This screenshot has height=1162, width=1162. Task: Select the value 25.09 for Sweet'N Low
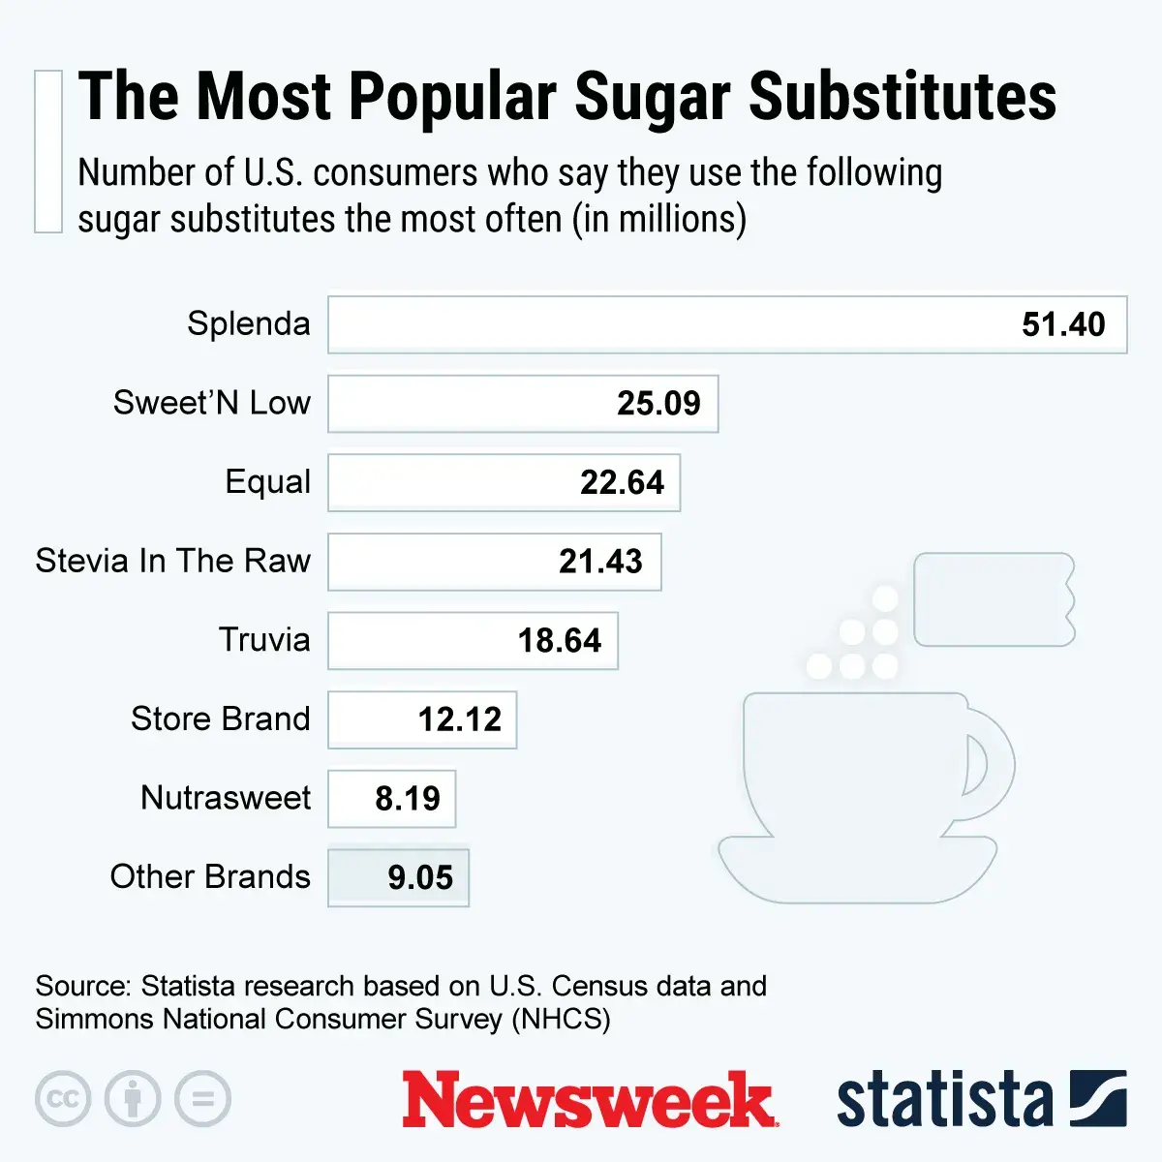pyautogui.click(x=658, y=403)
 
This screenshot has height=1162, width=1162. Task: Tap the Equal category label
pyautogui.click(x=268, y=481)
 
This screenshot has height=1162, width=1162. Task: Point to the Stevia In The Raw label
pyautogui.click(x=172, y=561)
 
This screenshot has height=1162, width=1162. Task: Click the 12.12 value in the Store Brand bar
pyautogui.click(x=460, y=719)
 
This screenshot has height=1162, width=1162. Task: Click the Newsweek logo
pyautogui.click(x=588, y=1100)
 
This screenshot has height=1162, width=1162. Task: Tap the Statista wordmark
pyautogui.click(x=943, y=1100)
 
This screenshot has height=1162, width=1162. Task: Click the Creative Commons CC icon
pyautogui.click(x=63, y=1099)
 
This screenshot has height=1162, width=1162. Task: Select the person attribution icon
pyautogui.click(x=133, y=1099)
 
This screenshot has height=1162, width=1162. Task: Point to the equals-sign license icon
pyautogui.click(x=202, y=1099)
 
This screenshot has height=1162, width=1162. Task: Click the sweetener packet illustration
pyautogui.click(x=994, y=599)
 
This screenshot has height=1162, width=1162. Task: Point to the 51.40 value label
pyautogui.click(x=1063, y=324)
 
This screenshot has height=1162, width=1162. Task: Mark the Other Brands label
pyautogui.click(x=210, y=876)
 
